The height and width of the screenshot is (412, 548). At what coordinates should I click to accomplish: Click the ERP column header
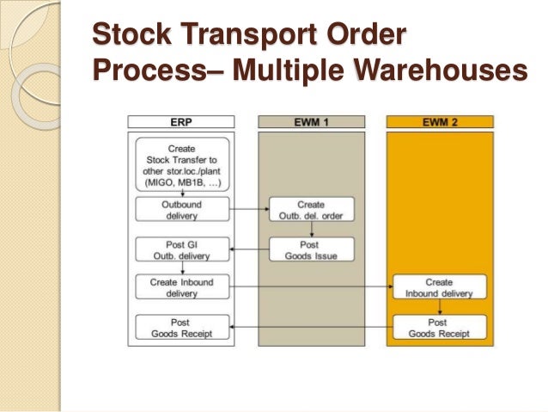click(180, 123)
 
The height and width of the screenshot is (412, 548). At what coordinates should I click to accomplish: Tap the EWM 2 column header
click(440, 123)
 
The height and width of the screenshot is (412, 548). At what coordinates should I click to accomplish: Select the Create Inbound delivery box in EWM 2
click(440, 287)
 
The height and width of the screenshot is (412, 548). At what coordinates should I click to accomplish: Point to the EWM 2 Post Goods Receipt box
click(440, 327)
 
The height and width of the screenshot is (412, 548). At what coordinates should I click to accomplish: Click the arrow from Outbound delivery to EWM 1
click(250, 207)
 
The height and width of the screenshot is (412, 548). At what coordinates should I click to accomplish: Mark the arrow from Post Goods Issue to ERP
click(250, 249)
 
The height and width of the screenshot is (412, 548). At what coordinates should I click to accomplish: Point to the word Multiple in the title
click(271, 71)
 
